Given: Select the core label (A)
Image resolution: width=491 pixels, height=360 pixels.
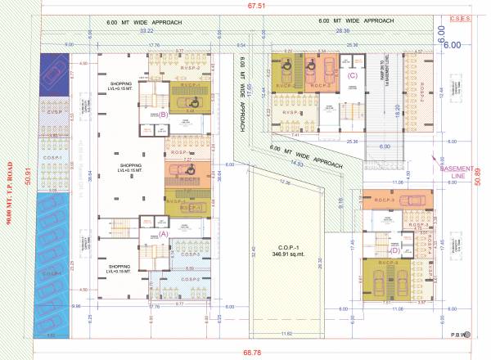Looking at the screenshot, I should coord(162,232).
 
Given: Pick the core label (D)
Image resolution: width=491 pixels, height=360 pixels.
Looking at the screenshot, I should coord(394,251).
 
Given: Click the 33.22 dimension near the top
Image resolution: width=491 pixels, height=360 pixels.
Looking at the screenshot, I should coord(148,30).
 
